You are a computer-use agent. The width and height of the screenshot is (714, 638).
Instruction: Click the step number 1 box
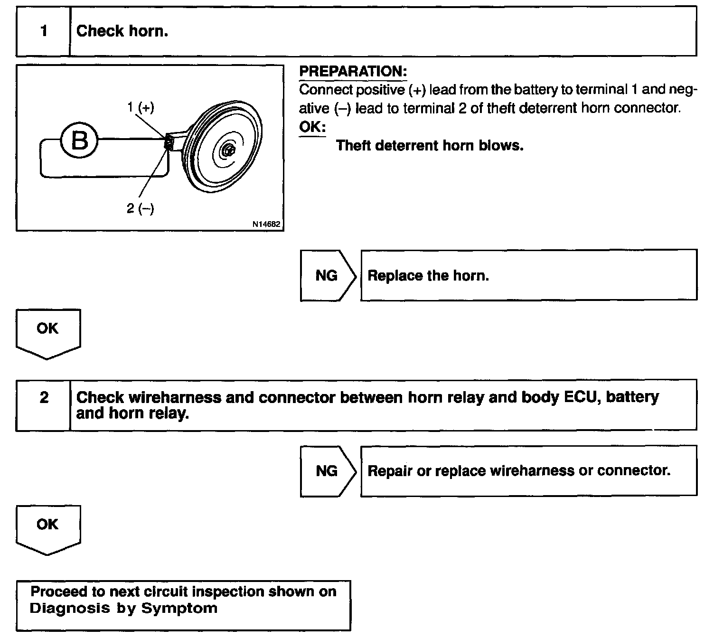coord(43,31)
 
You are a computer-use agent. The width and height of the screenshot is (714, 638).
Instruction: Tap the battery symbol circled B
coord(79,141)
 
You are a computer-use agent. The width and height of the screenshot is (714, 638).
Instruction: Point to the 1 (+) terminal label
coord(141,107)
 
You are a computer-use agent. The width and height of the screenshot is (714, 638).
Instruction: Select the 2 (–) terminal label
coord(141,208)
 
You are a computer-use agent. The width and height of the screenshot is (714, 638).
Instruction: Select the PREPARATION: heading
coord(353,72)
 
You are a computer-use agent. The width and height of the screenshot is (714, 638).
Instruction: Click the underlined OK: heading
coord(312,127)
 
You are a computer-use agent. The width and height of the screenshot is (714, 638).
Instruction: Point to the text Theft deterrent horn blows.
coord(429,145)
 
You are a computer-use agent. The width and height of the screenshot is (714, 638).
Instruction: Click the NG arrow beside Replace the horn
coord(328,275)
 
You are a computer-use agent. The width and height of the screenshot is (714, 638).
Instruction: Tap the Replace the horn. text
coord(428,275)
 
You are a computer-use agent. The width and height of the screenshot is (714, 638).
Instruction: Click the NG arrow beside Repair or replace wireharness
coord(328,471)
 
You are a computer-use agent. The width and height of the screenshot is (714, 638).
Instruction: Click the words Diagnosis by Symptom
coord(123,609)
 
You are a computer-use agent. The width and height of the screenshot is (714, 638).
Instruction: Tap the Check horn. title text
coord(122,31)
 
